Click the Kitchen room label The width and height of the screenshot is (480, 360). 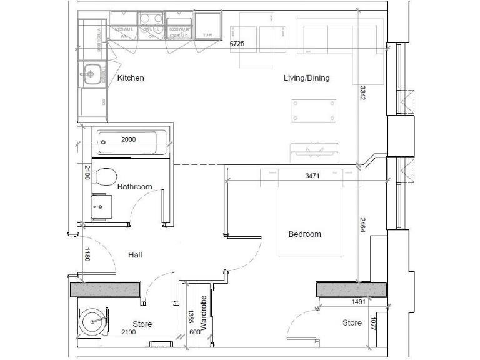(131, 78)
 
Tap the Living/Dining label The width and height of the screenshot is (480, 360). (306, 78)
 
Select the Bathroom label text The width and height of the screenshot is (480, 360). (134, 187)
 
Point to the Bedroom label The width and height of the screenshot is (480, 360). (304, 234)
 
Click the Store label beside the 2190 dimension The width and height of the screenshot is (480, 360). (142, 324)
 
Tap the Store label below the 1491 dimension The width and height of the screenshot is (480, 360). (352, 323)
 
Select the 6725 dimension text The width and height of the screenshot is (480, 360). (237, 44)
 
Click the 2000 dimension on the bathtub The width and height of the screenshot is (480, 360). (128, 139)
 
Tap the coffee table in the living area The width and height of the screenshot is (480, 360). (312, 111)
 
